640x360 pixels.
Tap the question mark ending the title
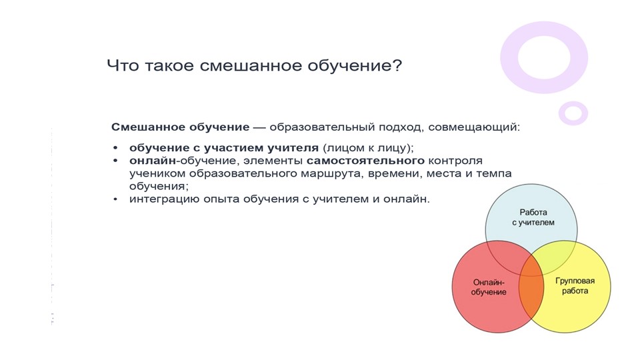pos(397,66)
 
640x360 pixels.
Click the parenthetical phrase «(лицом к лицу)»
pos(368,148)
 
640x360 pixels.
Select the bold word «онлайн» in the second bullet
pos(151,161)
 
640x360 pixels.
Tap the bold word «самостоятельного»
pos(365,161)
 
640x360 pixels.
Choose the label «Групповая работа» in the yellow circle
pos(574,286)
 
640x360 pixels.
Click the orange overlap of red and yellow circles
pos(531,288)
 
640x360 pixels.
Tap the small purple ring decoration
pos(573,113)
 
